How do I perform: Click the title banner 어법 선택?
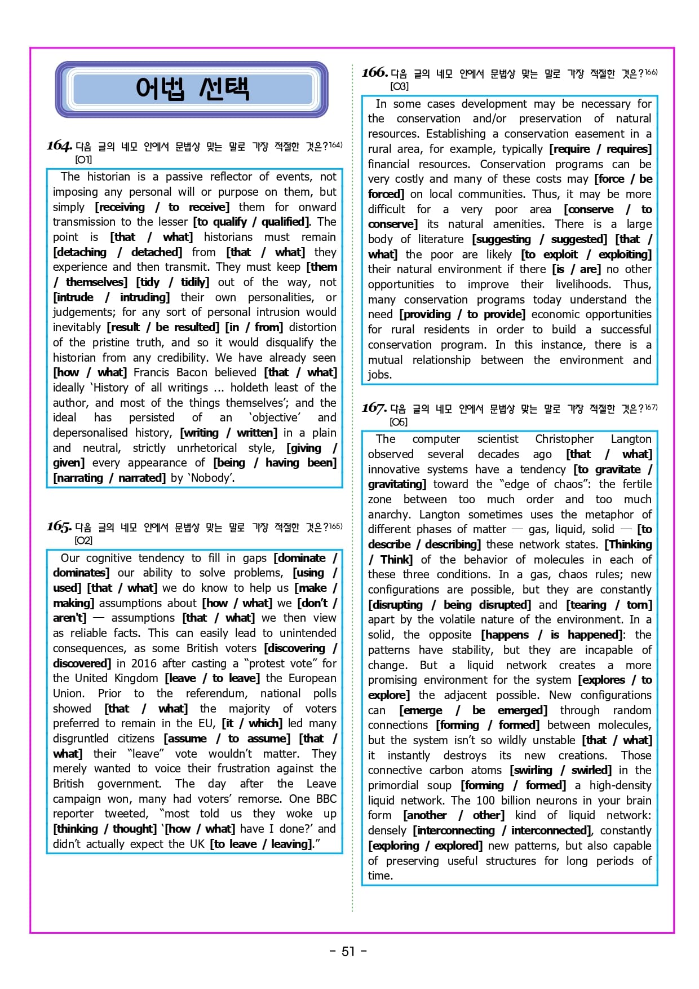pyautogui.click(x=192, y=89)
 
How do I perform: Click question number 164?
pyautogui.click(x=59, y=146)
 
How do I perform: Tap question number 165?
pyautogui.click(x=59, y=526)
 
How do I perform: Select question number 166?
pyautogui.click(x=374, y=72)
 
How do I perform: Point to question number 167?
pyautogui.click(x=374, y=408)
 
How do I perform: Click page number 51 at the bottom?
pyautogui.click(x=348, y=951)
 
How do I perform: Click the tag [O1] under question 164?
pyautogui.click(x=83, y=160)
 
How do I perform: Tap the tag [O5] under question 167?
pyautogui.click(x=398, y=422)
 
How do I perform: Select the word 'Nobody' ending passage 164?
pyautogui.click(x=211, y=478)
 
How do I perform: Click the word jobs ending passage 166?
pyautogui.click(x=379, y=375)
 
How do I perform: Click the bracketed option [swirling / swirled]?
pyautogui.click(x=560, y=770)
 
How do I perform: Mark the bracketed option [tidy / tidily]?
pyautogui.click(x=172, y=282)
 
